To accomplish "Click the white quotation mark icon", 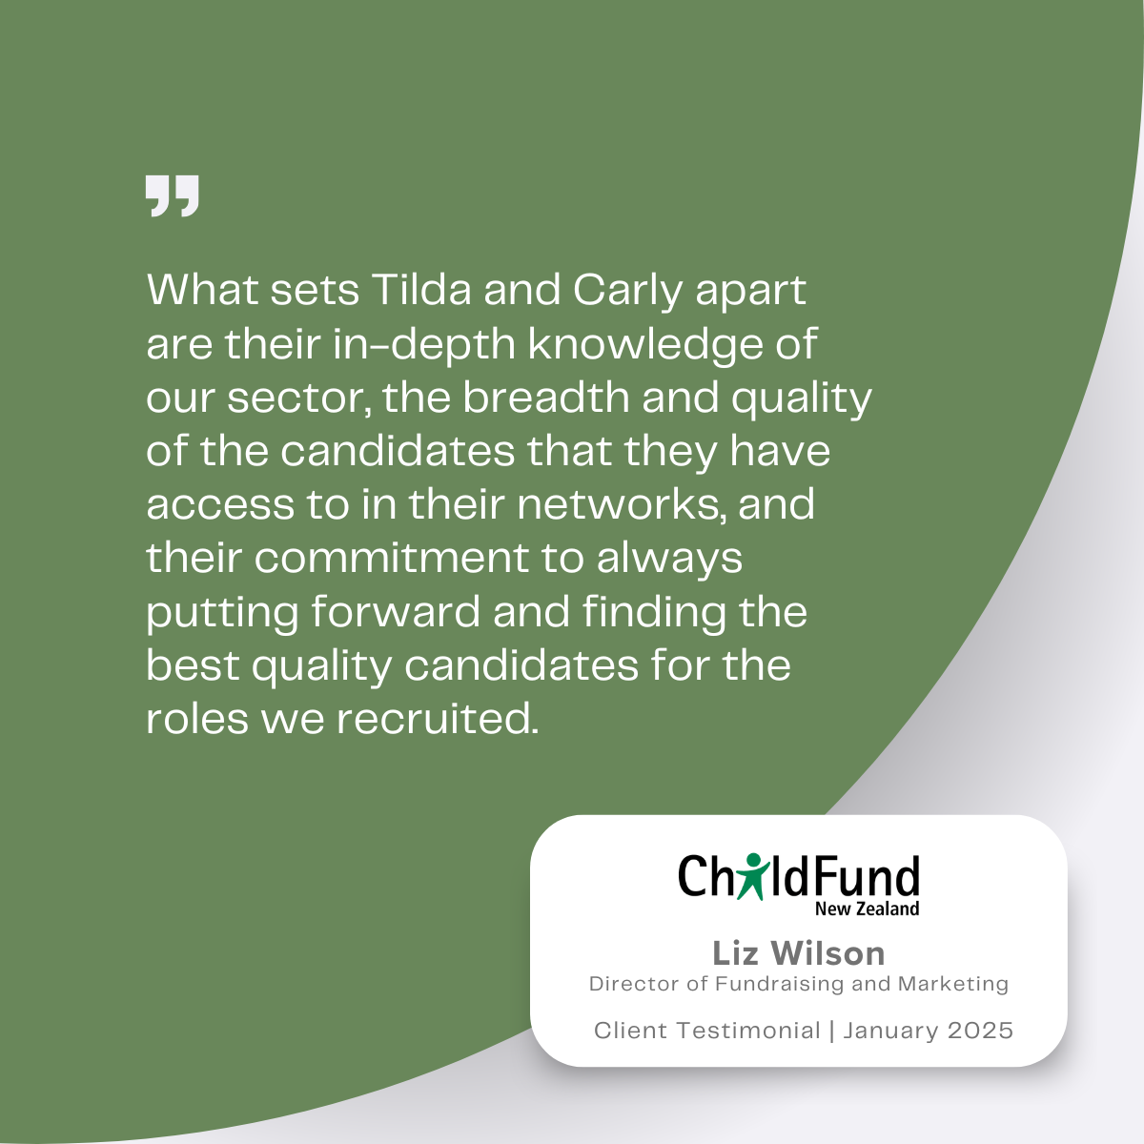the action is click(173, 196).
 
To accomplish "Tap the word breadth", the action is click(545, 397).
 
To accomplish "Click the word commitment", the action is click(392, 558).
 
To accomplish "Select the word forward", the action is click(396, 611).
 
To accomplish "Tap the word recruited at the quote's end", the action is click(439, 719).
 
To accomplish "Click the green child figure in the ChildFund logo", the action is click(753, 876).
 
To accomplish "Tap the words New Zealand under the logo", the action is click(867, 909).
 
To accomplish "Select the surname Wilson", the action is click(827, 954).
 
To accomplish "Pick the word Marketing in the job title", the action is click(953, 984).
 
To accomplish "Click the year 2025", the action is click(980, 1031).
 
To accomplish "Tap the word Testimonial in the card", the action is click(748, 1031).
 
